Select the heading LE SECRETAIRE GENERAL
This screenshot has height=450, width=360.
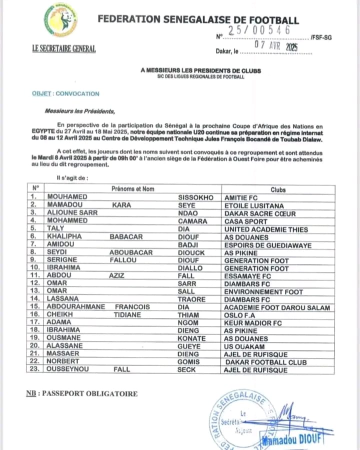tap(63, 49)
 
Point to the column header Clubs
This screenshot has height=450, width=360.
tap(278, 189)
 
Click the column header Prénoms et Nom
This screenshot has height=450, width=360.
tap(132, 189)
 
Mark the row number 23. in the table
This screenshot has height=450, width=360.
tap(35, 370)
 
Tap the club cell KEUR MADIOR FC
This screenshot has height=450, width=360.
tap(253, 323)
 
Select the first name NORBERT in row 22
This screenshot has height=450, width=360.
tap(63, 362)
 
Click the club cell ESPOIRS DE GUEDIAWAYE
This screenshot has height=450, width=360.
tap(268, 245)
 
